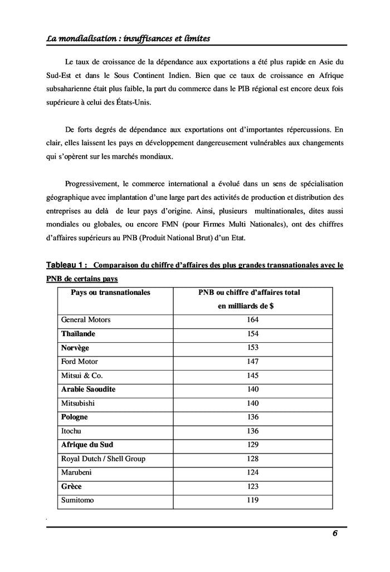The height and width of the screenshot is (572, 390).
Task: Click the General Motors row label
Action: click(x=86, y=319)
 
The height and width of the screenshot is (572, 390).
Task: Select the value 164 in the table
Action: click(x=252, y=319)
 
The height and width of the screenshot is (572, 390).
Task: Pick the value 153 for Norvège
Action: click(x=252, y=347)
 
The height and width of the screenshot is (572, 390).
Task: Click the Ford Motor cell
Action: click(x=80, y=361)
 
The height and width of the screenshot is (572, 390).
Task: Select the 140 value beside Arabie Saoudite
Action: click(x=252, y=389)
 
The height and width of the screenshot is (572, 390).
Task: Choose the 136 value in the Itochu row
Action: click(x=252, y=431)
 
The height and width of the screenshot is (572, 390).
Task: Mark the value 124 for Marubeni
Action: click(x=252, y=472)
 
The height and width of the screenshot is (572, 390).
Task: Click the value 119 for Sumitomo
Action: click(x=252, y=500)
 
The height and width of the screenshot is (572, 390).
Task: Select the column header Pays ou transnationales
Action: click(x=110, y=292)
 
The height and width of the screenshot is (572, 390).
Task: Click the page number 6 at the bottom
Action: click(x=335, y=533)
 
